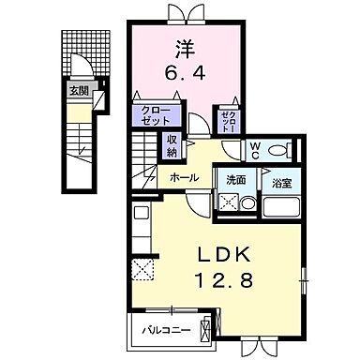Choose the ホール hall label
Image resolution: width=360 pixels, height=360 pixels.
pyautogui.click(x=183, y=176)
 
